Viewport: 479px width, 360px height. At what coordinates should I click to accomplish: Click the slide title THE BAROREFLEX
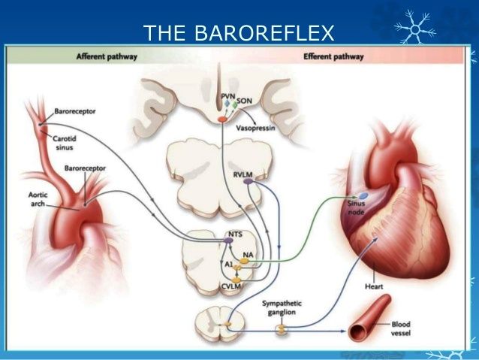click(x=239, y=33)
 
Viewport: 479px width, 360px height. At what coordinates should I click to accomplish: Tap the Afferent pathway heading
click(x=107, y=56)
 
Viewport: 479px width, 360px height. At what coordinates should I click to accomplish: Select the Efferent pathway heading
click(x=333, y=56)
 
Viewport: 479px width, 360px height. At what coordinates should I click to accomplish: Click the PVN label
click(x=228, y=96)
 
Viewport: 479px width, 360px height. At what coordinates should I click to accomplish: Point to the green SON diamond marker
click(x=234, y=104)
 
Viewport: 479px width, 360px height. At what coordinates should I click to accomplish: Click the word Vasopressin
click(x=255, y=128)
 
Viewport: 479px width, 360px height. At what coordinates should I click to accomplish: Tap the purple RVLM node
click(x=248, y=181)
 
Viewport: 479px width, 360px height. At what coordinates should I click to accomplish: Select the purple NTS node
click(x=228, y=241)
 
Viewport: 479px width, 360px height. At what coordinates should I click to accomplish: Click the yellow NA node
click(x=244, y=261)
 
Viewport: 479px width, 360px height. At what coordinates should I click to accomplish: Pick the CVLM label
click(x=231, y=286)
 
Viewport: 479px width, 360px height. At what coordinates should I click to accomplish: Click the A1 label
click(x=229, y=265)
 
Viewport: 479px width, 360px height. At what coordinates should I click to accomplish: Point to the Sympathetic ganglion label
click(x=282, y=307)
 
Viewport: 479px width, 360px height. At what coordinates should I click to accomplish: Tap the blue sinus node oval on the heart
click(x=363, y=195)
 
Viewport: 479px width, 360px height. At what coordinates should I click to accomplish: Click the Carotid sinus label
click(x=65, y=143)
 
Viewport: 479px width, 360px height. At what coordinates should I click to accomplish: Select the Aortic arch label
click(x=38, y=199)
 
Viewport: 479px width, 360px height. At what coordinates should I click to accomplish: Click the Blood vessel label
click(x=401, y=328)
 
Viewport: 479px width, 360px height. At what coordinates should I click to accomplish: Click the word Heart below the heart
click(x=374, y=286)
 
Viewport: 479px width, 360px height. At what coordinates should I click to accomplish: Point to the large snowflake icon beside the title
click(x=415, y=28)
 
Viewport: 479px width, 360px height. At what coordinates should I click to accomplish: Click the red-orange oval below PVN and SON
click(x=222, y=119)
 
